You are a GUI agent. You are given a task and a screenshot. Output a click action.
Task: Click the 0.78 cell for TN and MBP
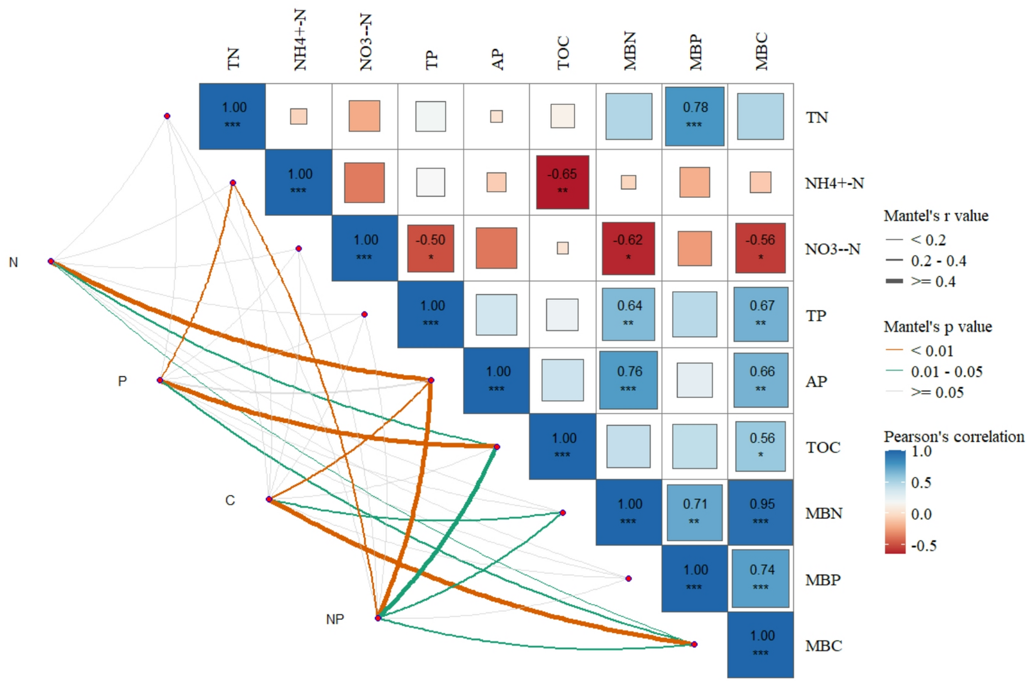pyautogui.click(x=694, y=116)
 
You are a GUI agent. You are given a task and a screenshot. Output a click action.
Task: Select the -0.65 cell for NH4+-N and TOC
pyautogui.click(x=562, y=182)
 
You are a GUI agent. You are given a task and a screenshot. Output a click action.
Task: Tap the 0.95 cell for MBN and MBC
pyautogui.click(x=761, y=512)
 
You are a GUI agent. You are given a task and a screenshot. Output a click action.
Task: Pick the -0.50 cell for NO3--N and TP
pyautogui.click(x=430, y=248)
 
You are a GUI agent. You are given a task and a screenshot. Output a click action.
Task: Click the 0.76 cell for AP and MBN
pyautogui.click(x=628, y=380)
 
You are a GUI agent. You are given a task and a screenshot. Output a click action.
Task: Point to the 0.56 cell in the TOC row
pyautogui.click(x=761, y=446)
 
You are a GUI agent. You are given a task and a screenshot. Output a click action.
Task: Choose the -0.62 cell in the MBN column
pyautogui.click(x=628, y=248)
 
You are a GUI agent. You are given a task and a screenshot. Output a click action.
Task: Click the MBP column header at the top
pyautogui.click(x=695, y=52)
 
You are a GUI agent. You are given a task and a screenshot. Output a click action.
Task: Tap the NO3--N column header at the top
pyautogui.click(x=365, y=42)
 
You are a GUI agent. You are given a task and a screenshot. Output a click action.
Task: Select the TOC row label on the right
pyautogui.click(x=823, y=447)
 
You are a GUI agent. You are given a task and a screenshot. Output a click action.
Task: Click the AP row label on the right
pyautogui.click(x=816, y=381)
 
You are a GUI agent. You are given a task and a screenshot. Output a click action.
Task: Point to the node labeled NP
pyautogui.click(x=378, y=618)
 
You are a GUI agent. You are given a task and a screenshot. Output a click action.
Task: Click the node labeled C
pyautogui.click(x=269, y=499)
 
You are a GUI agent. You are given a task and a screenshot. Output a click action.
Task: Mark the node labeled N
pyautogui.click(x=51, y=261)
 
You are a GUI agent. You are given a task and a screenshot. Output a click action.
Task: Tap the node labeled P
pyautogui.click(x=160, y=381)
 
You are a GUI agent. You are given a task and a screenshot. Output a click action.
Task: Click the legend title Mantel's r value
pyautogui.click(x=935, y=216)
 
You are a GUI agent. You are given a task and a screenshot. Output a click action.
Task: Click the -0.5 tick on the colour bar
pyautogui.click(x=923, y=546)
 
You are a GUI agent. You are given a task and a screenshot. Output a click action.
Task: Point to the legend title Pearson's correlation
pyautogui.click(x=953, y=436)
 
